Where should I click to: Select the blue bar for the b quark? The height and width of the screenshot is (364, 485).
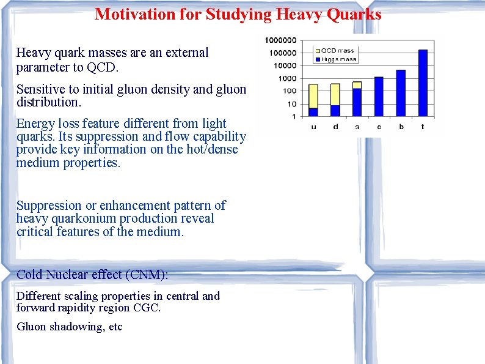point(401,93)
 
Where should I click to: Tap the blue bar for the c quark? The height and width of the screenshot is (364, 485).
point(379,97)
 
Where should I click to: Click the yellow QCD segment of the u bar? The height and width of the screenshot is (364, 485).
point(313,96)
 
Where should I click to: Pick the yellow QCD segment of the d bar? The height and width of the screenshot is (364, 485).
point(335,94)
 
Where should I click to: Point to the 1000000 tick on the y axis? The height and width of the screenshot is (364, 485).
point(280,40)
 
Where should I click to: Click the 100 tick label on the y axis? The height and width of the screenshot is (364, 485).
point(290,91)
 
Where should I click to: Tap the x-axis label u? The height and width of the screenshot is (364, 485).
point(313,127)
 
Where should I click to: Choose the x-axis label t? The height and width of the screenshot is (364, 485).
point(423,127)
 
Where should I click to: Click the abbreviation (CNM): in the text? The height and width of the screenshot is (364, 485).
point(146,275)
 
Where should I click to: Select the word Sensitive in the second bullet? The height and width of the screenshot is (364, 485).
point(40,89)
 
